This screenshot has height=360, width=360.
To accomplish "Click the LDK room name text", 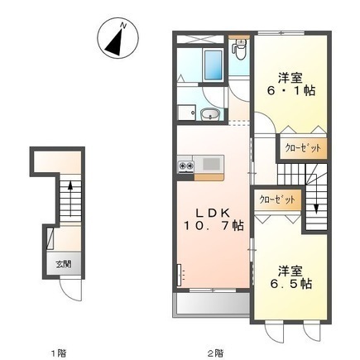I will [x=210, y=209].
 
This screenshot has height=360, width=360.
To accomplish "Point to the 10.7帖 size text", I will [x=214, y=224].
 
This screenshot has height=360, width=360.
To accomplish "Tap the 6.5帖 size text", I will [x=294, y=283].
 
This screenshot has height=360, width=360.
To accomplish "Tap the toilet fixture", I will [x=241, y=51].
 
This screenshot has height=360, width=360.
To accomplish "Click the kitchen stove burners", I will [x=185, y=166].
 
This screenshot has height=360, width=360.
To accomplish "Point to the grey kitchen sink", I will [x=210, y=164].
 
